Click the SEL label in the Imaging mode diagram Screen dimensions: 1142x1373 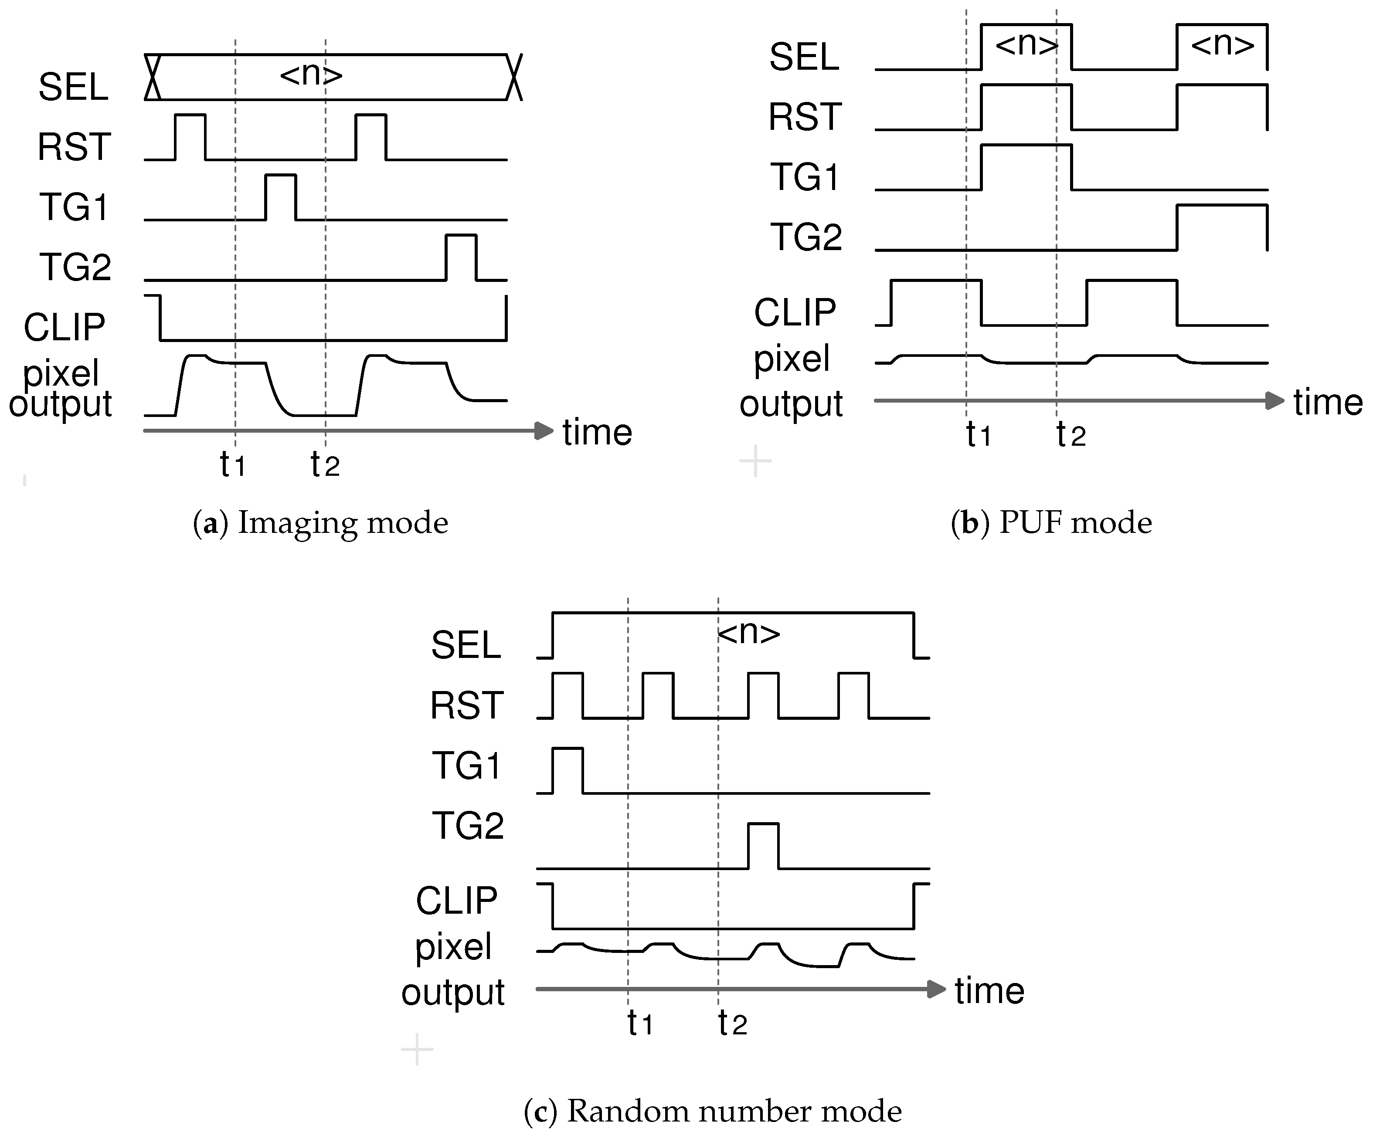(x=73, y=86)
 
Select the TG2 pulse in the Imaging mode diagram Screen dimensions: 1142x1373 (x=461, y=256)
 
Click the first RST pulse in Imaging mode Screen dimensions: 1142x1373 (x=190, y=136)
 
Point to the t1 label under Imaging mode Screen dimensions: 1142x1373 (x=232, y=465)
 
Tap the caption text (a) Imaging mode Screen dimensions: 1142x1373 (x=320, y=523)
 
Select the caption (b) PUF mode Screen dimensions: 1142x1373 (x=1051, y=523)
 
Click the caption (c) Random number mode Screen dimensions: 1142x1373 (x=713, y=1111)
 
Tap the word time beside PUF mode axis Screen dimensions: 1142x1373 (x=1327, y=402)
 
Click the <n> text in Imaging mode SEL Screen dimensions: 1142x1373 (x=311, y=75)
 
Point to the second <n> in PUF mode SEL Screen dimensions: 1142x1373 (x=1223, y=44)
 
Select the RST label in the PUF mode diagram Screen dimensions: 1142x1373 (x=804, y=117)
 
